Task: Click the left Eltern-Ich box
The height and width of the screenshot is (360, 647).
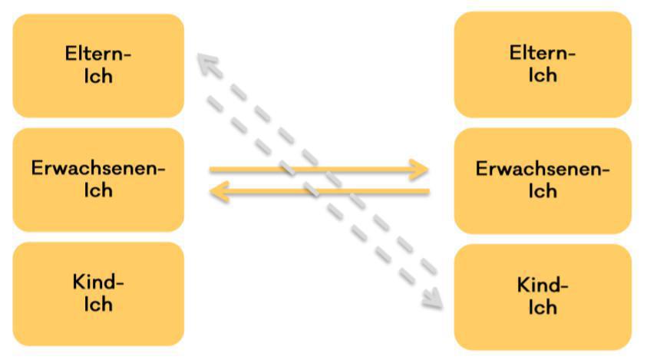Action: [98, 65]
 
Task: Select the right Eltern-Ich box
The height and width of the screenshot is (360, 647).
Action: [543, 64]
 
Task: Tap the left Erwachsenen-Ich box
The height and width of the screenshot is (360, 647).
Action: [98, 179]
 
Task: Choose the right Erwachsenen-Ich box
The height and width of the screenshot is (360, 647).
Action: [543, 180]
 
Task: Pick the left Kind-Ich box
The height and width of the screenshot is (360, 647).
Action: [98, 293]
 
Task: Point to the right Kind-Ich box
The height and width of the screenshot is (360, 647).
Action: [543, 296]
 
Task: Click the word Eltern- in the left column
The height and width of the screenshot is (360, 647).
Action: [98, 54]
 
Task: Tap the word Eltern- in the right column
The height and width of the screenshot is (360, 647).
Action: [543, 54]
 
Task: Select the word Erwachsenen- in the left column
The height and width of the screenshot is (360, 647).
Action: [98, 168]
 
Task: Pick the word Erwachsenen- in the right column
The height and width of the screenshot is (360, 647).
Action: [543, 169]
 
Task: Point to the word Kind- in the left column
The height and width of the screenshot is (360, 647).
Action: [98, 282]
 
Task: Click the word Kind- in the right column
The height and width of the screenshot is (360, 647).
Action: [543, 286]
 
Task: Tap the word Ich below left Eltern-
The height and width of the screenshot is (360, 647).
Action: [98, 76]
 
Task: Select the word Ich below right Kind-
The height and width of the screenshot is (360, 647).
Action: [543, 308]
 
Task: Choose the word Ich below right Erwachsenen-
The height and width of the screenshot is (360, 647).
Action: [543, 190]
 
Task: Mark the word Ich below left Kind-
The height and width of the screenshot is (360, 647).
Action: [98, 305]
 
